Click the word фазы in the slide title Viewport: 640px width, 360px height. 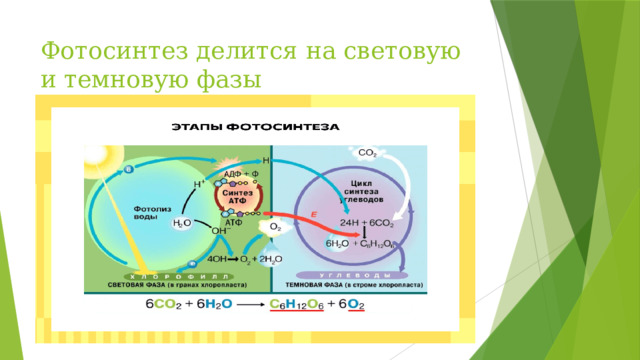(x=221, y=78)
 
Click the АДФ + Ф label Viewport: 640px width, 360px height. (x=240, y=174)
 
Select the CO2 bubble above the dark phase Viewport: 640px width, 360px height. (x=367, y=153)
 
